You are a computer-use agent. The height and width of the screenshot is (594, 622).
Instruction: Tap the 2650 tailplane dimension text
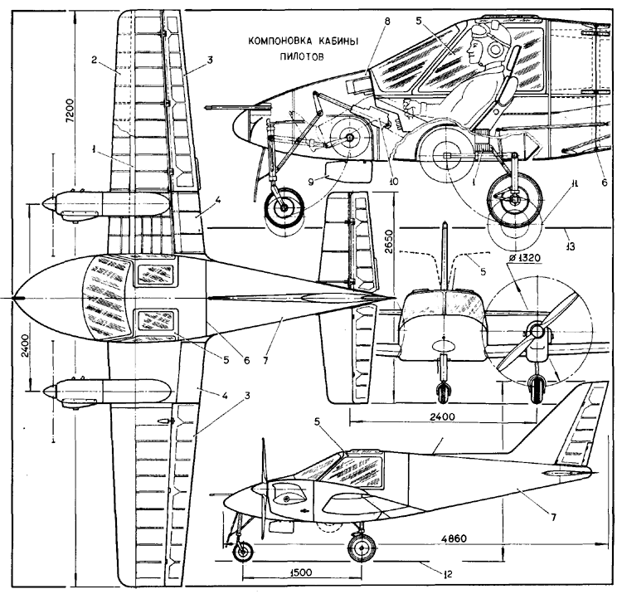[x=389, y=241]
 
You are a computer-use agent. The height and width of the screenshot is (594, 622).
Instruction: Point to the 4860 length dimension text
[x=456, y=538]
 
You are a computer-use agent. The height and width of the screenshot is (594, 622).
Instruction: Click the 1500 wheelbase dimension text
[x=301, y=572]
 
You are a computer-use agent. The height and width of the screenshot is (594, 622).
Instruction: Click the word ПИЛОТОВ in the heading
[x=302, y=56]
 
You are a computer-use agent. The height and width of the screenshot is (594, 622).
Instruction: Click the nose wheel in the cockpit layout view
[x=284, y=208]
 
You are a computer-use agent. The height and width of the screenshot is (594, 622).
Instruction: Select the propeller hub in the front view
[x=536, y=329]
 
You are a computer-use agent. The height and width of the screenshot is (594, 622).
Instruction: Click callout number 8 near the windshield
[x=386, y=22]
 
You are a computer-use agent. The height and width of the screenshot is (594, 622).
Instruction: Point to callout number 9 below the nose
[x=311, y=182]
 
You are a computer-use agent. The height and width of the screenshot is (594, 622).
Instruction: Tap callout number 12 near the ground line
[x=448, y=573]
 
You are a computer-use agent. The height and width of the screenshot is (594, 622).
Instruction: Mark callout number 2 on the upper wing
[x=94, y=60]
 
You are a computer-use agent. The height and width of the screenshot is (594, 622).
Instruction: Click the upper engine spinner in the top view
[x=49, y=203]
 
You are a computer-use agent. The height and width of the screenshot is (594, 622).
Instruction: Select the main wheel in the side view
[x=362, y=548]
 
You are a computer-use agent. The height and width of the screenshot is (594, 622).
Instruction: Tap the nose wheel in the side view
[x=242, y=551]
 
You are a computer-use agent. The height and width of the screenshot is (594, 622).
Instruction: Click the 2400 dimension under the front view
[x=442, y=416]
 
